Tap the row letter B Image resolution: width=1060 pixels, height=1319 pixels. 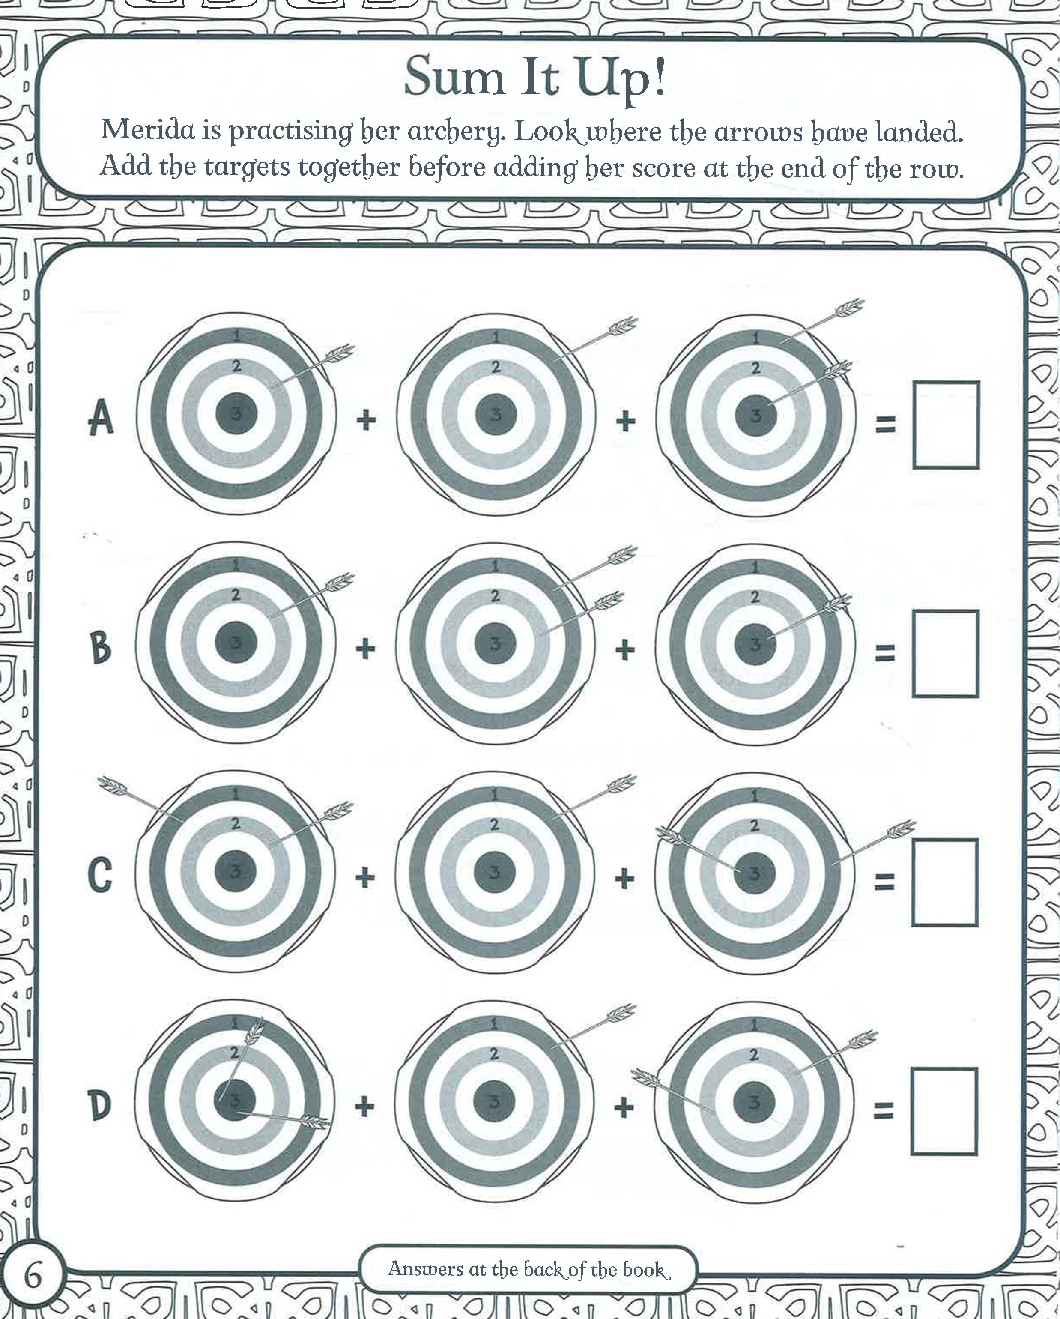tap(101, 648)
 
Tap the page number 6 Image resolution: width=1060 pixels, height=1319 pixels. tap(33, 1278)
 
